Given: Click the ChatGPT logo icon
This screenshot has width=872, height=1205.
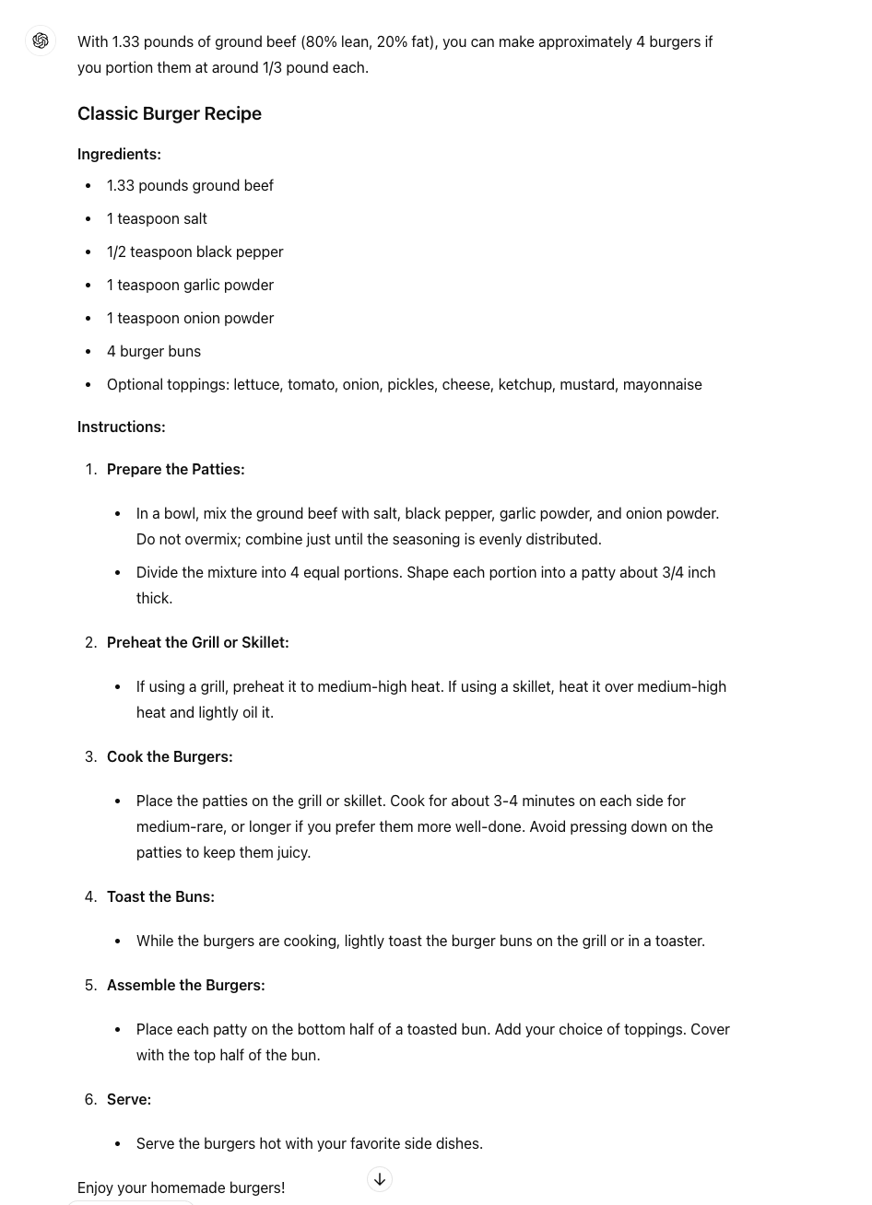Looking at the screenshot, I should point(41,41).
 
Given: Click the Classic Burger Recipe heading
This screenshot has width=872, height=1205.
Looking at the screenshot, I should point(170,113).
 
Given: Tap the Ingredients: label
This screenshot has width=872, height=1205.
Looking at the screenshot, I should point(119,154).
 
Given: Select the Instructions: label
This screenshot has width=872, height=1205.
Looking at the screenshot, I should point(122,427).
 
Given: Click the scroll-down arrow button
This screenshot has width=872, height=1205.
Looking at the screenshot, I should point(380,1179).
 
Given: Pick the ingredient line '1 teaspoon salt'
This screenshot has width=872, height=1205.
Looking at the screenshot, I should point(157,218).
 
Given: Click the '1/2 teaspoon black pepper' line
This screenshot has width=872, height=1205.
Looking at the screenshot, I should point(194,252).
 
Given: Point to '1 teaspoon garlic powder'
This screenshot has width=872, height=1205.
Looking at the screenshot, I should point(190,285).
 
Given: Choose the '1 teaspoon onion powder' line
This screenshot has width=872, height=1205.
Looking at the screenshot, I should point(190,318).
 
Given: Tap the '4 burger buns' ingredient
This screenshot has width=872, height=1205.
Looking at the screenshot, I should point(154,351).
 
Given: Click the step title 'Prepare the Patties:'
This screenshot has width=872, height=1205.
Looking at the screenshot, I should point(175,469).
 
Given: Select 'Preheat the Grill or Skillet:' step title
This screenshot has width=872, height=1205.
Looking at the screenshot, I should point(197,642).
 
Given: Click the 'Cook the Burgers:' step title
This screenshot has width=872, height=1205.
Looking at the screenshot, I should point(170,756).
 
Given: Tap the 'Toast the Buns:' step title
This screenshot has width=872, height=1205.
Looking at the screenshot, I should point(160,896).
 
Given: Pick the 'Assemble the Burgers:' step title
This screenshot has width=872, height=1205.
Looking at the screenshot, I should point(185,985).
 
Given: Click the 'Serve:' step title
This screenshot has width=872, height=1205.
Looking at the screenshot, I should point(129,1099).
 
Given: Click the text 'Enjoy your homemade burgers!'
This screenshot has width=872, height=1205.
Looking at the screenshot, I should point(181,1187).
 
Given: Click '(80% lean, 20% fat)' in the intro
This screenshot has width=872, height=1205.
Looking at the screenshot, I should point(369,41).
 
